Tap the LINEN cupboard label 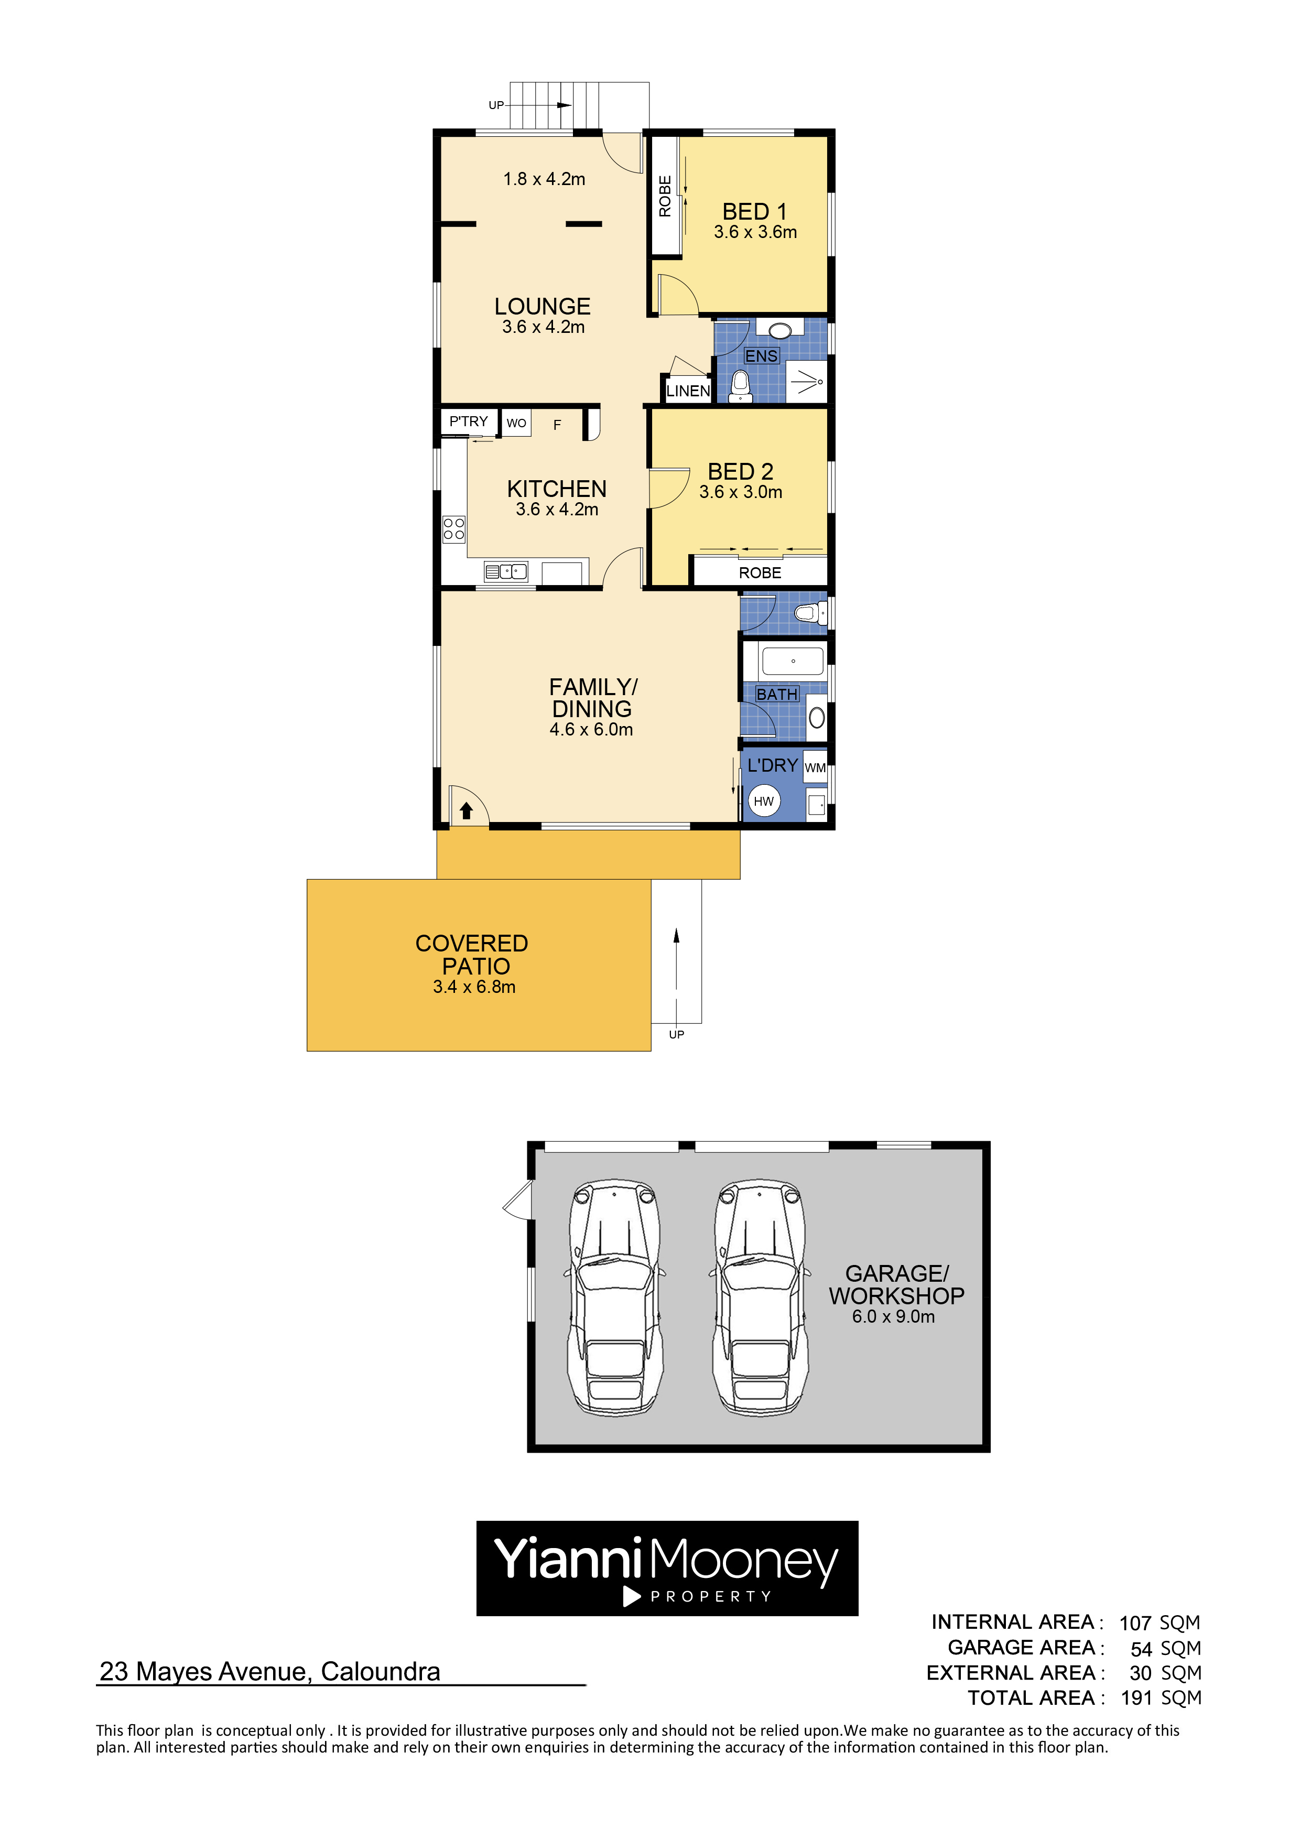688,391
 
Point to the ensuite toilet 740,385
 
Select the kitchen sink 505,571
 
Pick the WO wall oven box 517,423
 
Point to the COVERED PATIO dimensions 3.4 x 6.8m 474,987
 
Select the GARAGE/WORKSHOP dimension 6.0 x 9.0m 893,1317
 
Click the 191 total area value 1136,1698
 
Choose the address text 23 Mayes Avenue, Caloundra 270,1672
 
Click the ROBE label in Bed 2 760,572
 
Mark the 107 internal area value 1135,1622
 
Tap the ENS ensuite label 761,355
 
